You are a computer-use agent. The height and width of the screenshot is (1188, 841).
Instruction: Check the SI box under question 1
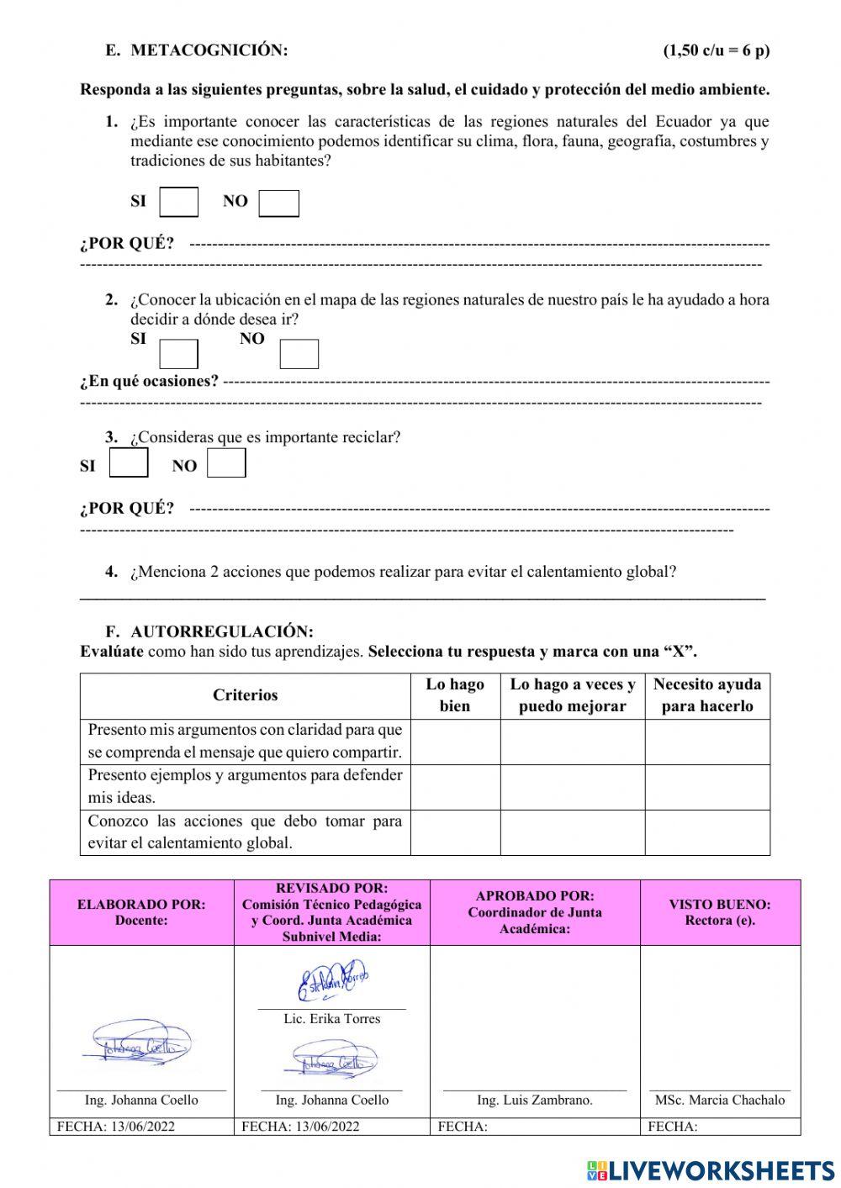(179, 203)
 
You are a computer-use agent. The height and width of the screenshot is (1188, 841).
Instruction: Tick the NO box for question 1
(278, 203)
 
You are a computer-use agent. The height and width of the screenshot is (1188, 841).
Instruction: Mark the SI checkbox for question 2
(178, 354)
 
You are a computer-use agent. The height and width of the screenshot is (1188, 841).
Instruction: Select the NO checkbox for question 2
(299, 354)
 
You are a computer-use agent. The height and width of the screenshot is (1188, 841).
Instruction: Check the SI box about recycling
(129, 463)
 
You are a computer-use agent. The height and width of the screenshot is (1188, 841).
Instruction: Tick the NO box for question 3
(226, 463)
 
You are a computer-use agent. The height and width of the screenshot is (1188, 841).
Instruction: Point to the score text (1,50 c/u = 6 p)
(716, 50)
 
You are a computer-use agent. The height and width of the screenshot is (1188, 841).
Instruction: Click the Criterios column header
(245, 695)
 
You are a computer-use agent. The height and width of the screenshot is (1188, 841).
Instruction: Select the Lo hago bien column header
(455, 695)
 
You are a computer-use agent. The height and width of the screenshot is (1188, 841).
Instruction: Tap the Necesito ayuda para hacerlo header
(706, 695)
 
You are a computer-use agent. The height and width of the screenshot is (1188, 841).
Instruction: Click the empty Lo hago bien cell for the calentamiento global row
(455, 832)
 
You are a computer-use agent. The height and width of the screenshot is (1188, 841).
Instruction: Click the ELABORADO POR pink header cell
(141, 912)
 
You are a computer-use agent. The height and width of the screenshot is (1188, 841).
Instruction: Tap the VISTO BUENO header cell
(719, 912)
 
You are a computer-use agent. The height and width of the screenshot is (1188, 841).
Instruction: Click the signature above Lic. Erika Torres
(331, 982)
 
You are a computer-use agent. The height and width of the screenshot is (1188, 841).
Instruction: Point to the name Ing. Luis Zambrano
(534, 1100)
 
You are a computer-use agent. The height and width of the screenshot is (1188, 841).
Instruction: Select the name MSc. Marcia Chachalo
(719, 1100)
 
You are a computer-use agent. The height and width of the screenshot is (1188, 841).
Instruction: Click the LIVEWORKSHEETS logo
(711, 1170)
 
